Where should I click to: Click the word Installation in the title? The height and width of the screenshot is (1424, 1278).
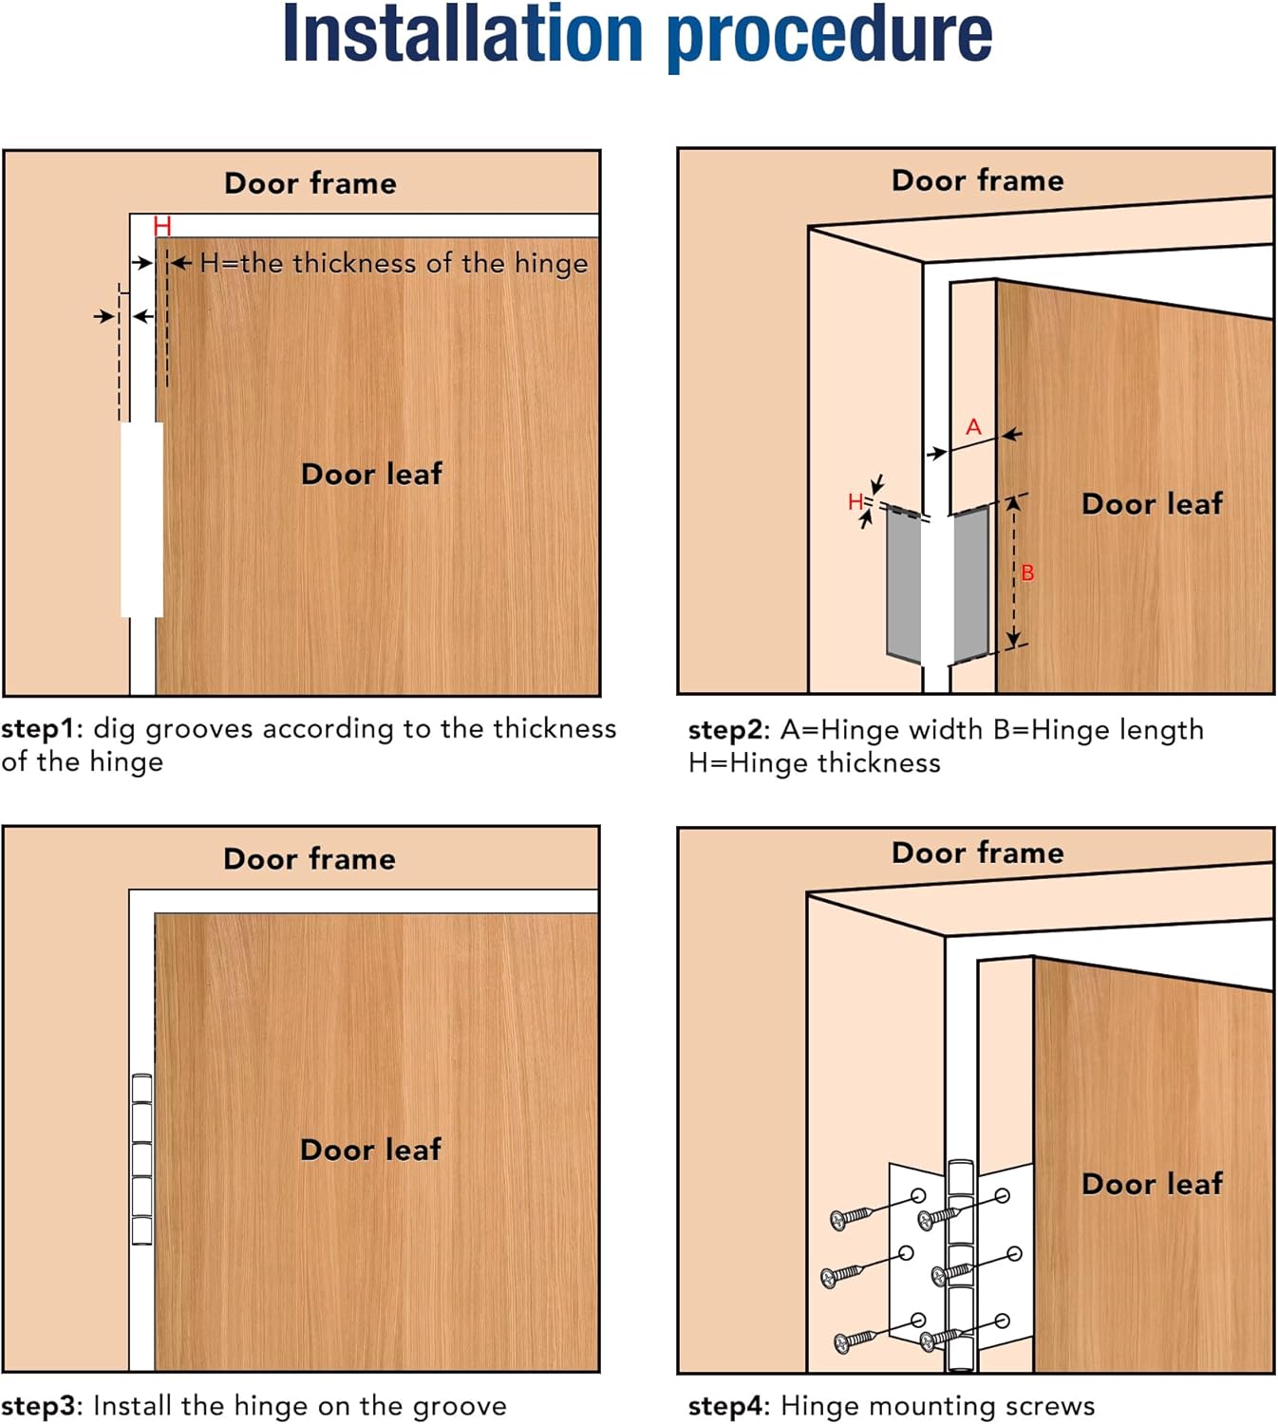[x=462, y=35]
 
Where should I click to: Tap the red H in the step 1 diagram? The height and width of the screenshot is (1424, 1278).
[x=161, y=226]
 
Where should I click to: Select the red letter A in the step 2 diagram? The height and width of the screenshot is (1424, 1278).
[x=973, y=427]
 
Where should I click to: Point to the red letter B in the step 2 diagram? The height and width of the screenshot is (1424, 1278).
[x=1027, y=573]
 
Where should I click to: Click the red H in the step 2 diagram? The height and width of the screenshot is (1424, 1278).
[x=855, y=501]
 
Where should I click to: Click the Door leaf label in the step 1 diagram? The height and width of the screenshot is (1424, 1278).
[x=371, y=474]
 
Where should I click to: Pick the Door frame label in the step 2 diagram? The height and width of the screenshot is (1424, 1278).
[x=977, y=180]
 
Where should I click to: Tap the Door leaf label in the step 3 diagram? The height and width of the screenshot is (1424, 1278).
[x=370, y=1150]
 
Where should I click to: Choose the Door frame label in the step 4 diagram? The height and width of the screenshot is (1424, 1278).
[x=977, y=853]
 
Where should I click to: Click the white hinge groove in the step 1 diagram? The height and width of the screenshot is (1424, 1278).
[x=141, y=519]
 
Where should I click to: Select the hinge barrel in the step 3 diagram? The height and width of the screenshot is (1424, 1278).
[x=141, y=1159]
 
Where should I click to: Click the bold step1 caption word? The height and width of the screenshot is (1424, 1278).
[x=37, y=729]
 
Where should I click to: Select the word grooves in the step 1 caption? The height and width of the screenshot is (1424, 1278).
[x=198, y=729]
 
